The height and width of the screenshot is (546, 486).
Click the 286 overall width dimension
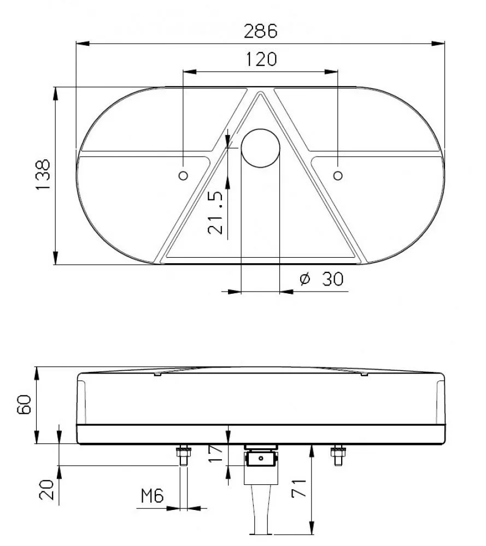[260, 31]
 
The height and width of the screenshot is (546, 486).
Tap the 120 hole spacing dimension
[261, 59]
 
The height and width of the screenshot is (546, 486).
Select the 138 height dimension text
[42, 175]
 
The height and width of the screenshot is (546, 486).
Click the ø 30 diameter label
[322, 279]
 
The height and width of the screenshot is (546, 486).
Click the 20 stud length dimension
[46, 489]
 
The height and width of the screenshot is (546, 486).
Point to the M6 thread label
[153, 496]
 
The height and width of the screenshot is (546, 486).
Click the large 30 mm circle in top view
[260, 148]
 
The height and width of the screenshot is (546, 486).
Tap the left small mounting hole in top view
[183, 175]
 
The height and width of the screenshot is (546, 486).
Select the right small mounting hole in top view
[338, 175]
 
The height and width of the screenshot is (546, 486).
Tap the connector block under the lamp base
[260, 460]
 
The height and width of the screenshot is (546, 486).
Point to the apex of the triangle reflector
[261, 93]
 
